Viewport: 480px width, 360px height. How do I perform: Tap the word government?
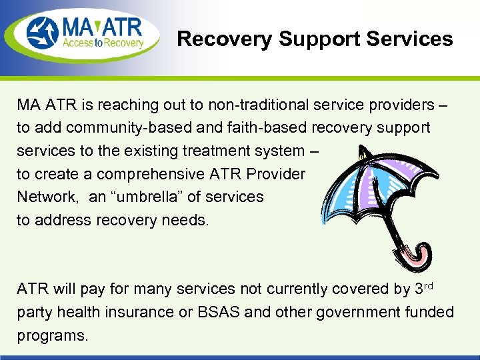357,311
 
